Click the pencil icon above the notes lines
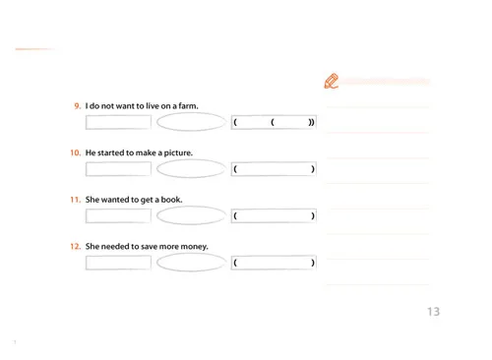point(332,81)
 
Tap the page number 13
point(433,312)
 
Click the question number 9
point(77,106)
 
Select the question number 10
point(75,152)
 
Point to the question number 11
point(75,200)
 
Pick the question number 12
point(75,246)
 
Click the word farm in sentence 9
point(188,106)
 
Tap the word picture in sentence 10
point(178,152)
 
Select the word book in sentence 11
point(171,200)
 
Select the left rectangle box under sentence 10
point(87,169)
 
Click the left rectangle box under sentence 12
point(87,263)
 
